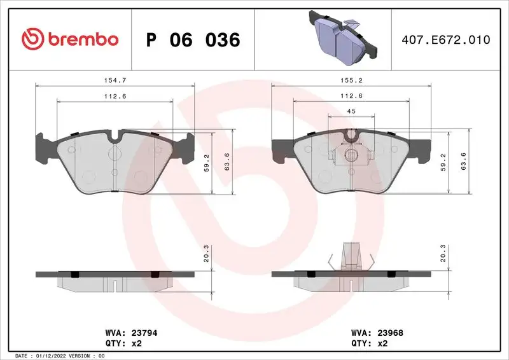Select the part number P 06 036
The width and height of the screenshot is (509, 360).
193,40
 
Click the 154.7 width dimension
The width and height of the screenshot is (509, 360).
115,80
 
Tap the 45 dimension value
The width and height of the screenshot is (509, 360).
351,111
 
